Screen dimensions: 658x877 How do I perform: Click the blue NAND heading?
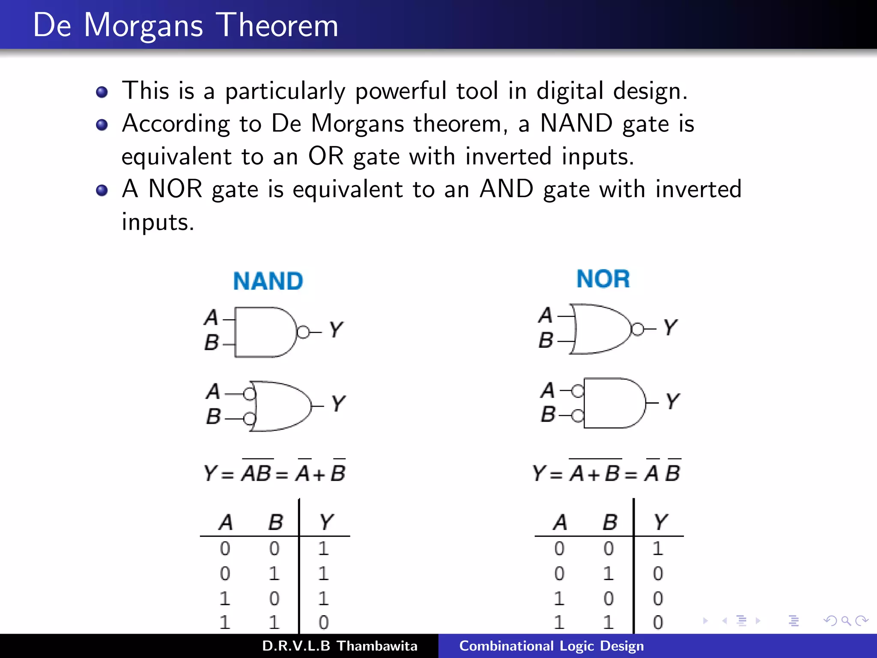click(268, 281)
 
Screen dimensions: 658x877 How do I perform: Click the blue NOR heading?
click(603, 279)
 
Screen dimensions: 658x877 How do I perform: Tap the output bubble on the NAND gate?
click(303, 332)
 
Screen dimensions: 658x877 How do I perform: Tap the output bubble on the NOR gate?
click(638, 329)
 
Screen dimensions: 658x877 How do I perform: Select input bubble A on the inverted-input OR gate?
click(250, 393)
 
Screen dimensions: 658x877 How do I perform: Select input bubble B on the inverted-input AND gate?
click(578, 416)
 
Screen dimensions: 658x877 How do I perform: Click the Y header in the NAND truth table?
click(326, 522)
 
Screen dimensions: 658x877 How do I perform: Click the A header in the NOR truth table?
click(560, 522)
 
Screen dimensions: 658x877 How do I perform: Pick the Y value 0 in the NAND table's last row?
click(324, 622)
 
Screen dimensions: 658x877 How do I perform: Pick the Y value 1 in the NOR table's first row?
click(658, 549)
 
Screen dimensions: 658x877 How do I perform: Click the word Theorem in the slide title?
click(277, 25)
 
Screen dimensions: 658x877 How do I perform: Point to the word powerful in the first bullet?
click(401, 91)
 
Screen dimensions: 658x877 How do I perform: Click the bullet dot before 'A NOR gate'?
click(102, 190)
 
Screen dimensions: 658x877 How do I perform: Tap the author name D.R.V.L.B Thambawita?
click(340, 646)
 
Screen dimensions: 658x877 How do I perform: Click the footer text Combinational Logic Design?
click(552, 646)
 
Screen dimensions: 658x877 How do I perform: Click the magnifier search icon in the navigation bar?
click(846, 621)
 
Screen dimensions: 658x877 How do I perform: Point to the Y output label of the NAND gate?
click(336, 330)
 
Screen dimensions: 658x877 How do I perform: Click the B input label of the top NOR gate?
click(546, 341)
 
